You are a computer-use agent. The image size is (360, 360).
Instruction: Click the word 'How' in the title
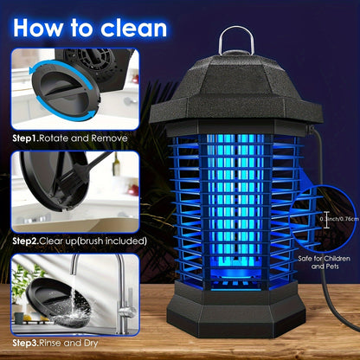point(42,28)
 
